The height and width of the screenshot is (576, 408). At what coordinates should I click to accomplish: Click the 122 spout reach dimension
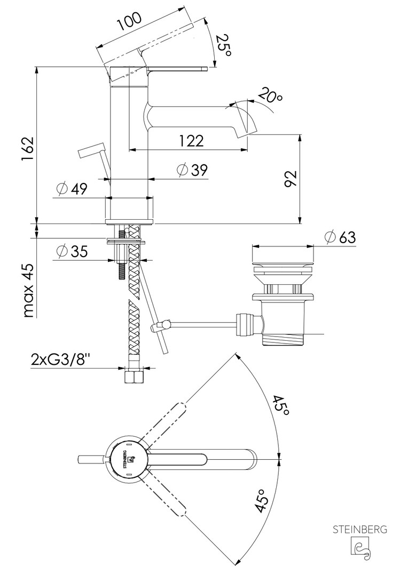pyautogui.click(x=191, y=141)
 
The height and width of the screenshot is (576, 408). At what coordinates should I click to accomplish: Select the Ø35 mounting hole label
pyautogui.click(x=72, y=251)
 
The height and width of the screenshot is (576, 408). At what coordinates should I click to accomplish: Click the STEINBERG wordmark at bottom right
pyautogui.click(x=360, y=530)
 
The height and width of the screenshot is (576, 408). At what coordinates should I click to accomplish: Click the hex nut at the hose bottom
pyautogui.click(x=132, y=378)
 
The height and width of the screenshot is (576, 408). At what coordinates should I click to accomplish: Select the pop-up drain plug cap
pyautogui.click(x=283, y=262)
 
